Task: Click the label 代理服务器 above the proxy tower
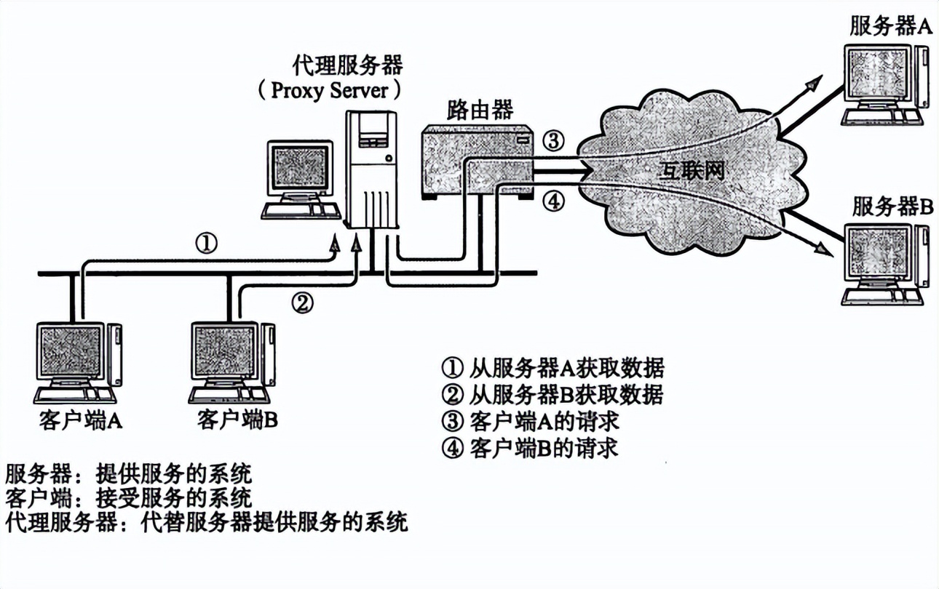tap(347, 66)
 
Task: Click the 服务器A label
tap(890, 27)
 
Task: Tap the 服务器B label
tap(892, 207)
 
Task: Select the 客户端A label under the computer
tap(80, 420)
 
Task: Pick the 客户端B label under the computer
tap(237, 420)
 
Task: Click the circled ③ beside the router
tap(555, 141)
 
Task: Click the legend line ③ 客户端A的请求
tap(530, 421)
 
